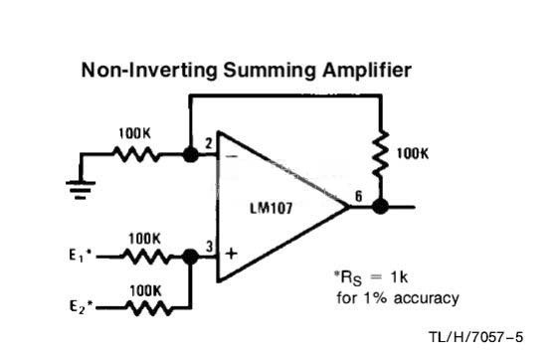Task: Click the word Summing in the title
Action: tap(270, 71)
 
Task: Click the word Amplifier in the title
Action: tap(367, 71)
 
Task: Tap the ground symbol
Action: tap(81, 190)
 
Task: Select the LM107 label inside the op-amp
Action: tap(272, 208)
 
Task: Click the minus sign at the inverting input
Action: tap(232, 156)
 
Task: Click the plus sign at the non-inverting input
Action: tap(232, 254)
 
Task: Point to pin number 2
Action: tap(209, 143)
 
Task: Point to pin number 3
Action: tap(209, 247)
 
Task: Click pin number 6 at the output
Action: tap(358, 196)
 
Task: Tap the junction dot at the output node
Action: tap(380, 207)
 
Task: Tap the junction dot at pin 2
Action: tap(190, 155)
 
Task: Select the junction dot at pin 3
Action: tap(190, 257)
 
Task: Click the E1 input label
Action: tap(81, 256)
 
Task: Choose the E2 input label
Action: tap(82, 306)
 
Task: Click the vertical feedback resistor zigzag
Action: tap(381, 153)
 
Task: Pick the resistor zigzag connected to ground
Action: tap(136, 154)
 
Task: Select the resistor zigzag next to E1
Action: tap(146, 257)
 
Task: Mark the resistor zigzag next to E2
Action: tap(149, 308)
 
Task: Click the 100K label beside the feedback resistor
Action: tap(413, 154)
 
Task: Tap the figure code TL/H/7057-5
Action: tap(476, 337)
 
